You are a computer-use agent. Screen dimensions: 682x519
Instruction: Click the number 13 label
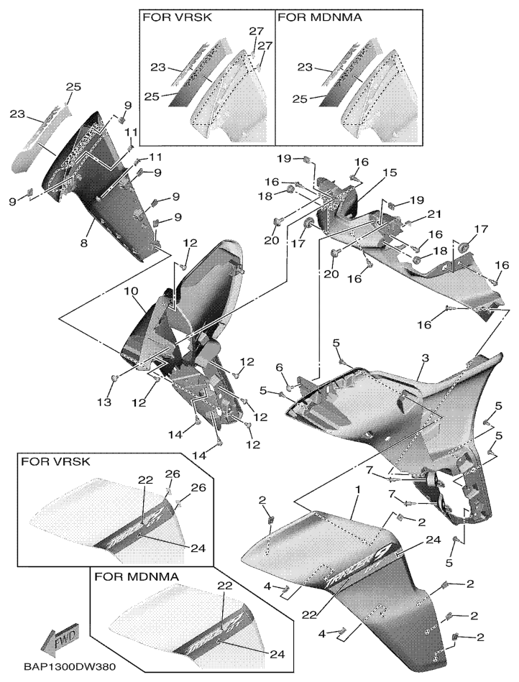pos(106,402)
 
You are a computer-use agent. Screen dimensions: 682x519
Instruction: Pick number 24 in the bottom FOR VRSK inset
pos(199,548)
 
